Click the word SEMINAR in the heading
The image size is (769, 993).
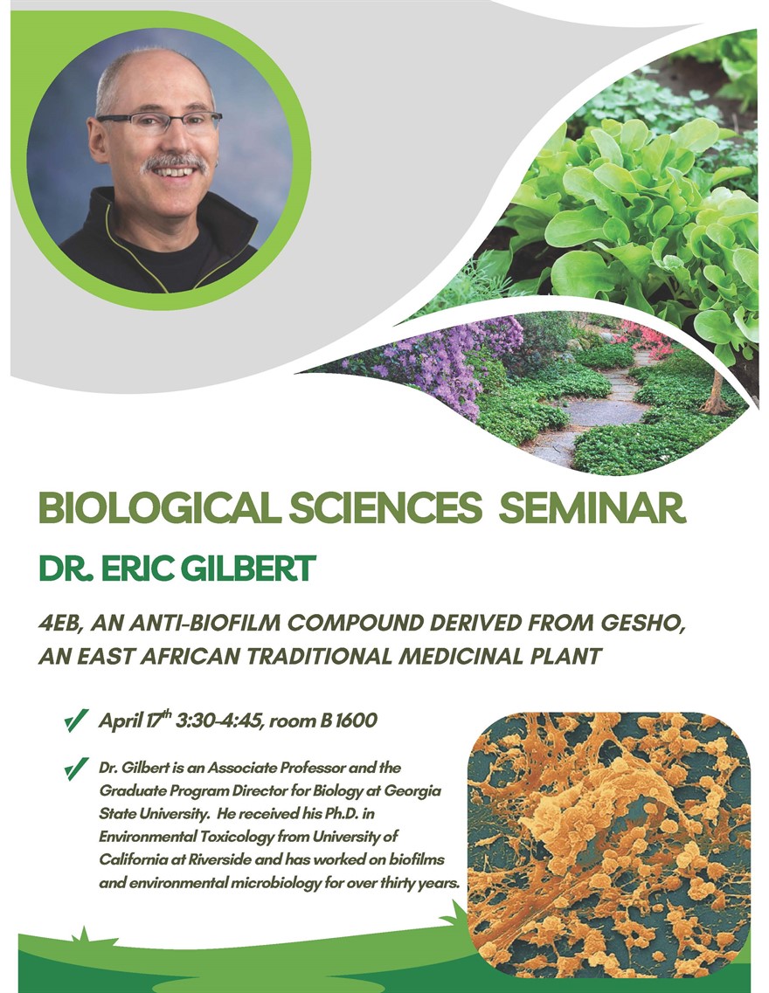(x=592, y=507)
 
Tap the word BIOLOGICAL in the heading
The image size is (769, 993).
(x=160, y=507)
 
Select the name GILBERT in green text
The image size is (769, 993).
(x=247, y=568)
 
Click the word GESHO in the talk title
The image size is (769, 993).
(x=643, y=624)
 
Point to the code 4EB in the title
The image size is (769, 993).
(x=60, y=624)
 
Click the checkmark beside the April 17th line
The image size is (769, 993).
(x=76, y=721)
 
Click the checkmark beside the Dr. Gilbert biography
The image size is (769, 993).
(x=76, y=769)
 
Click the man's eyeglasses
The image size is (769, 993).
(x=158, y=121)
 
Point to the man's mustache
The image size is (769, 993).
(x=175, y=162)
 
